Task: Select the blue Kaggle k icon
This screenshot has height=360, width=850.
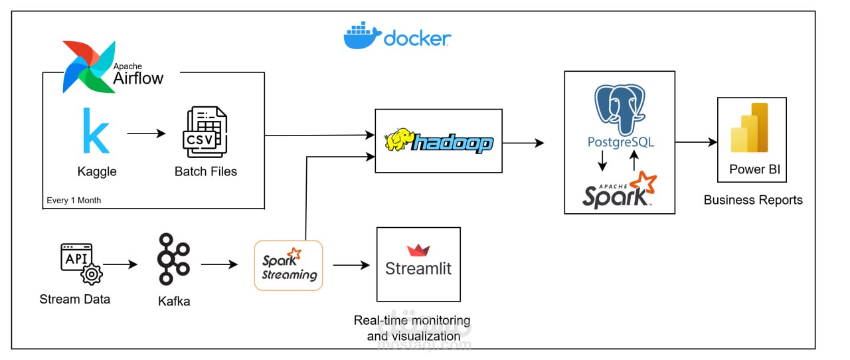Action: tap(96, 132)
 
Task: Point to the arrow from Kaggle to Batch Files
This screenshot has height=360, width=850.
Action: tap(146, 134)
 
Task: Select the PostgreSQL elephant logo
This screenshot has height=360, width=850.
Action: tap(619, 106)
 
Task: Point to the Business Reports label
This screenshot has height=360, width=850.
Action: tap(752, 200)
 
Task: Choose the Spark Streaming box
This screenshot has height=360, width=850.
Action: tap(288, 266)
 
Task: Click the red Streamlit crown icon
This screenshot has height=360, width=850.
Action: tap(418, 250)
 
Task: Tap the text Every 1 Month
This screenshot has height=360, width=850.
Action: tap(74, 200)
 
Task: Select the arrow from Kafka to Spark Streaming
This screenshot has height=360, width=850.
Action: tap(219, 264)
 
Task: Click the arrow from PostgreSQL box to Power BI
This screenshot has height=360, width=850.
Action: tap(696, 142)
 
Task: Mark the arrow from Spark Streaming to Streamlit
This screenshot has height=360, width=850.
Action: tap(351, 265)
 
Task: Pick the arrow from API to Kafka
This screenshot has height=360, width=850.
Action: tap(120, 264)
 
